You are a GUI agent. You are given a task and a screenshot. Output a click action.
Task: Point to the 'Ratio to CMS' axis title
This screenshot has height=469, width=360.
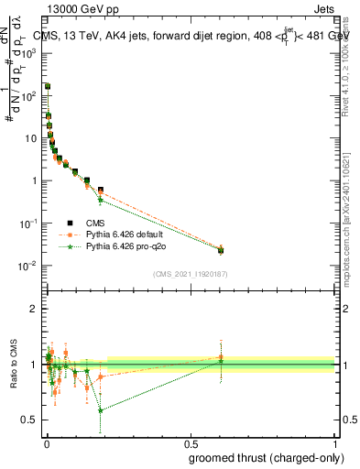15,364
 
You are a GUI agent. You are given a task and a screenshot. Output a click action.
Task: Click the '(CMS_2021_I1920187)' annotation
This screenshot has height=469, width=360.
191,274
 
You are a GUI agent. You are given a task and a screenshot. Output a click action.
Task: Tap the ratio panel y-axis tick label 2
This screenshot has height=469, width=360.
34,309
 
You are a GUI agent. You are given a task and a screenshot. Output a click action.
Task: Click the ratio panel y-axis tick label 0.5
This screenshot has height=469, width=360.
31,420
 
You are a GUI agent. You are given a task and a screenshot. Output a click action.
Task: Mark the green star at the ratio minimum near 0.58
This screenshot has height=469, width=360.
100,410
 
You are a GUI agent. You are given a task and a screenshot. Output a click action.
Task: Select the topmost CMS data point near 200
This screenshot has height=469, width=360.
48,86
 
